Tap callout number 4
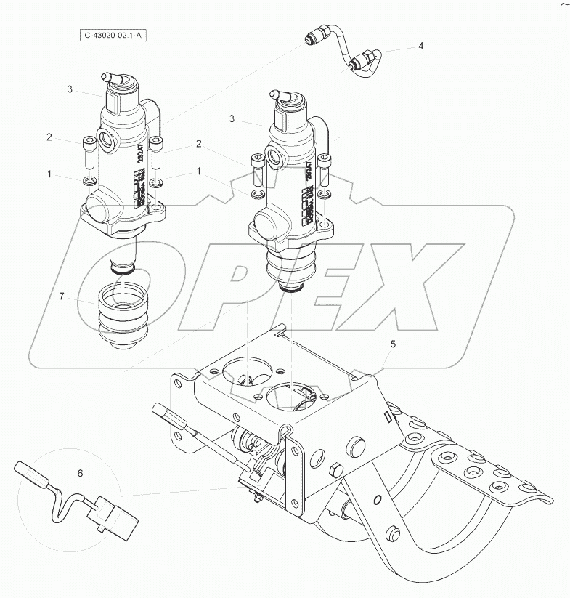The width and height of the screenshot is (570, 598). point(420,46)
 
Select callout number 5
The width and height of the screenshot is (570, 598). point(393,345)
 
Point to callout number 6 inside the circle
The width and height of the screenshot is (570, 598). point(81,473)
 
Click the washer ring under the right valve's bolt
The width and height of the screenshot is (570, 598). point(256,195)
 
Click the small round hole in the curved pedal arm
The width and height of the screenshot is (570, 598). point(377,499)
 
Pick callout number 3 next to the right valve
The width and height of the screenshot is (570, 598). point(231,118)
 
